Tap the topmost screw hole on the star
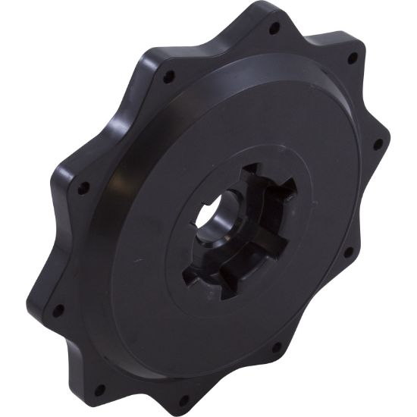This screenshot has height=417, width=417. [274, 28]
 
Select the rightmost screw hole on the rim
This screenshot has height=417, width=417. [378, 143]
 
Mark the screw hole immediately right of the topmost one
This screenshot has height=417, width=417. [351, 58]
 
